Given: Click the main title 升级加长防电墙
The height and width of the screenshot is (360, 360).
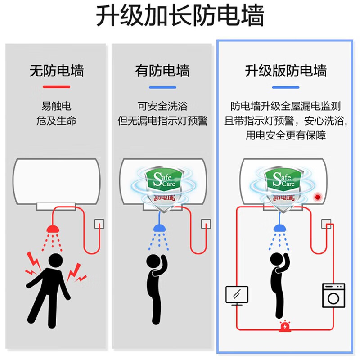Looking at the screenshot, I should pyautogui.click(x=180, y=17).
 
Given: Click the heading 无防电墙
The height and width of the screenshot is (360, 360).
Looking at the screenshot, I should pyautogui.click(x=56, y=71).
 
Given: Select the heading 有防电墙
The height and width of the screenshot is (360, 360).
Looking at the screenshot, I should pyautogui.click(x=162, y=71).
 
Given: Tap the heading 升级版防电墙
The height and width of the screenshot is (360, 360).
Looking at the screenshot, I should pyautogui.click(x=285, y=71).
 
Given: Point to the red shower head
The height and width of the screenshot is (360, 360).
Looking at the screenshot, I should pyautogui.click(x=54, y=229).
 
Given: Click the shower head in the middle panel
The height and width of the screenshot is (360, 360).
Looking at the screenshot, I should pyautogui.click(x=160, y=228).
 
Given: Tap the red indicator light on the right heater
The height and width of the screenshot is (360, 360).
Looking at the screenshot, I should pyautogui.click(x=319, y=197).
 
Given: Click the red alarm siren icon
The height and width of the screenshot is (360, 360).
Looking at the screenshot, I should pyautogui.click(x=285, y=326).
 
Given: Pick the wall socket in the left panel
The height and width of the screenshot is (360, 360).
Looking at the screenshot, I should pyautogui.click(x=98, y=224).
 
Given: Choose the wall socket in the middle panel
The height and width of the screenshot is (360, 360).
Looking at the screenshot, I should pyautogui.click(x=205, y=224).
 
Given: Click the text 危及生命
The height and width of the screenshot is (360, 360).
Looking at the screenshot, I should pyautogui.click(x=56, y=121).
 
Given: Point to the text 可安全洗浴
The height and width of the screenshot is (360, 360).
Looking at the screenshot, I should pyautogui.click(x=162, y=107).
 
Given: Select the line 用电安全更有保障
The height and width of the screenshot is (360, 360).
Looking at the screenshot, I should pyautogui.click(x=285, y=135).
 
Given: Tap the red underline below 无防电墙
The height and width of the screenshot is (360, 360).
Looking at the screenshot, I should pyautogui.click(x=56, y=87).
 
